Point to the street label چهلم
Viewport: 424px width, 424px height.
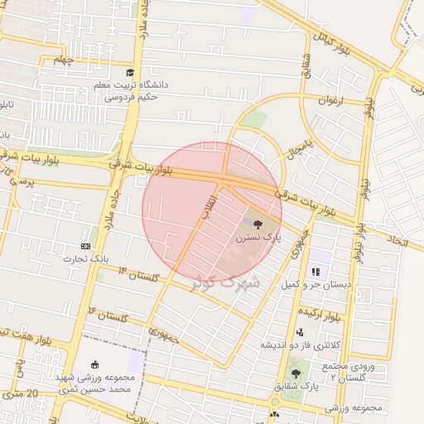pyautogui.click(x=64, y=60)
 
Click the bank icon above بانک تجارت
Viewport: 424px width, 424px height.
pyautogui.click(x=86, y=246)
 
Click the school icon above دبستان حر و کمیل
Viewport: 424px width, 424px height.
pyautogui.click(x=315, y=271)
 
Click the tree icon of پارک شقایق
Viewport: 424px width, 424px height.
pyautogui.click(x=296, y=373)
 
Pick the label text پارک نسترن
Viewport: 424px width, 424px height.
pyautogui.click(x=258, y=237)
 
